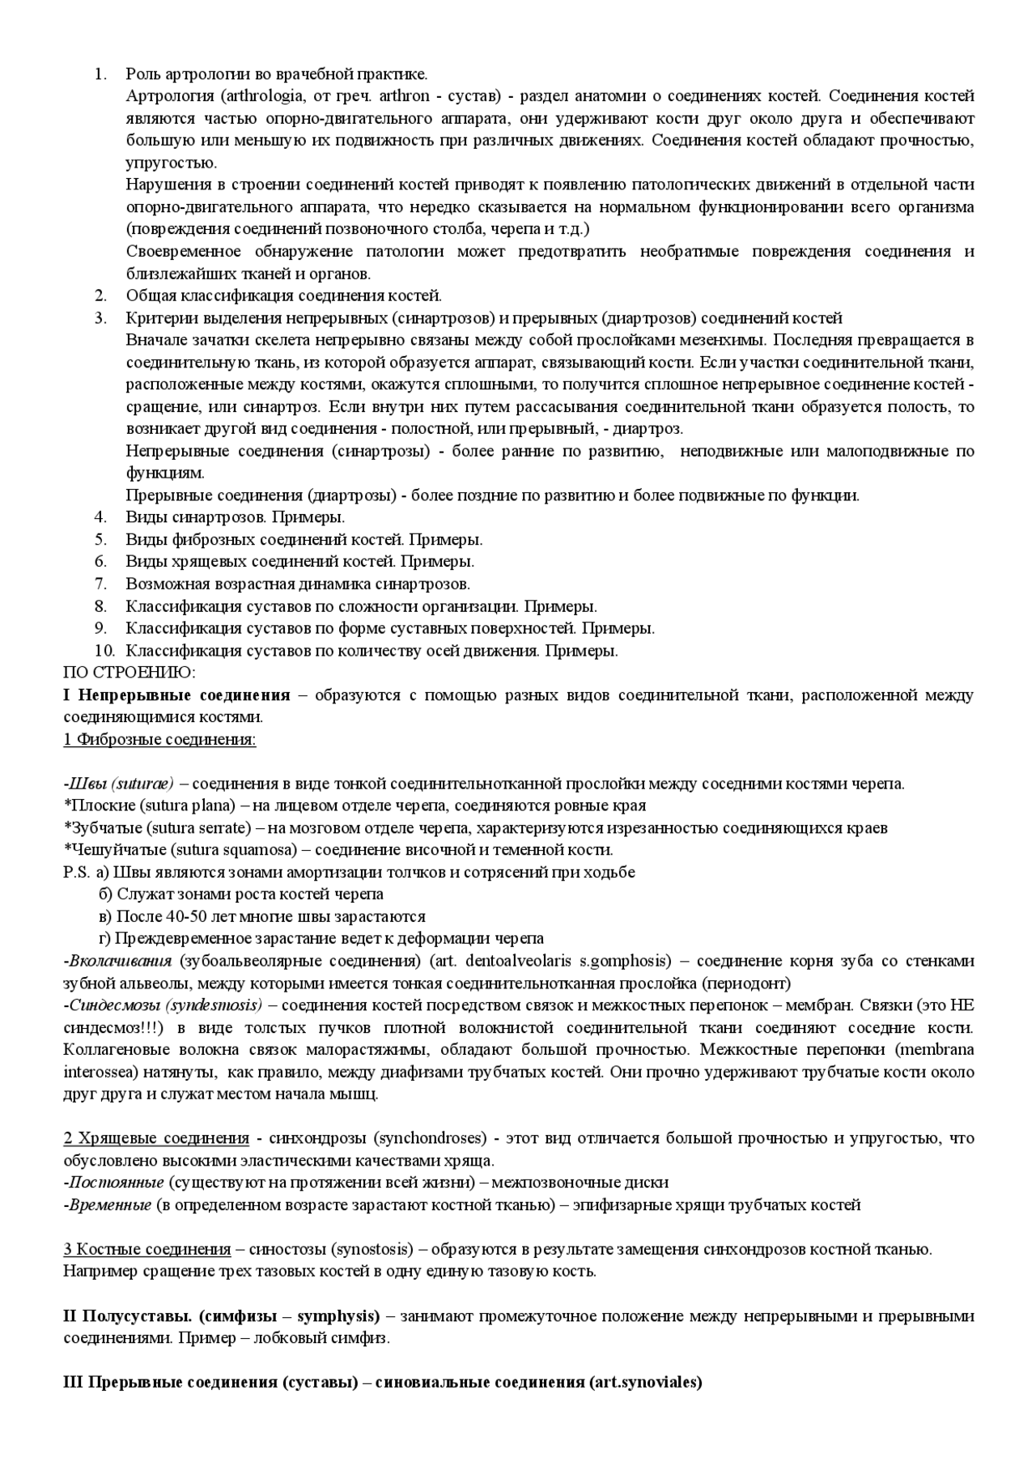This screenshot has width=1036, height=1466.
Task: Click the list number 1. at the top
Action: coord(100,74)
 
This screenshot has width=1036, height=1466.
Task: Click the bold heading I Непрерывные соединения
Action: coord(176,695)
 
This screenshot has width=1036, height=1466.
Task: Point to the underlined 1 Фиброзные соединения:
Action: coord(159,740)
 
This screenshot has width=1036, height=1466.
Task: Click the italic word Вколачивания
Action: coord(121,961)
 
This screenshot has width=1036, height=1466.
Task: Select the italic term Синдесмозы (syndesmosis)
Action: coord(165,1005)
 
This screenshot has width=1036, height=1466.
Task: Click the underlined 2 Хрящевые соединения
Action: coord(156,1138)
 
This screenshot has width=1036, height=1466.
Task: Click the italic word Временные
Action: coord(110,1205)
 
